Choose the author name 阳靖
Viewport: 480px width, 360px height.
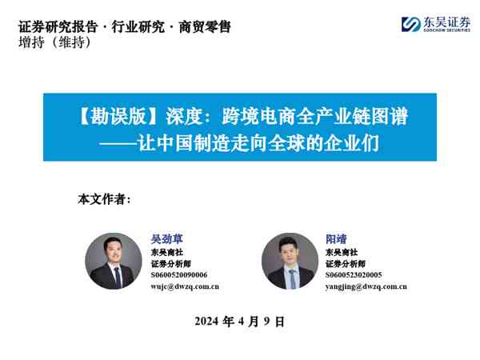[335, 238]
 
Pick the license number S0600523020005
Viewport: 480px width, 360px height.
[354, 274]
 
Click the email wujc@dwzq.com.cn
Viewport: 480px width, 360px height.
[185, 286]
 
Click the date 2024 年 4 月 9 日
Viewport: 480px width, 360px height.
[239, 322]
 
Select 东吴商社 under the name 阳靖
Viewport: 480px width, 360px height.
[339, 251]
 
